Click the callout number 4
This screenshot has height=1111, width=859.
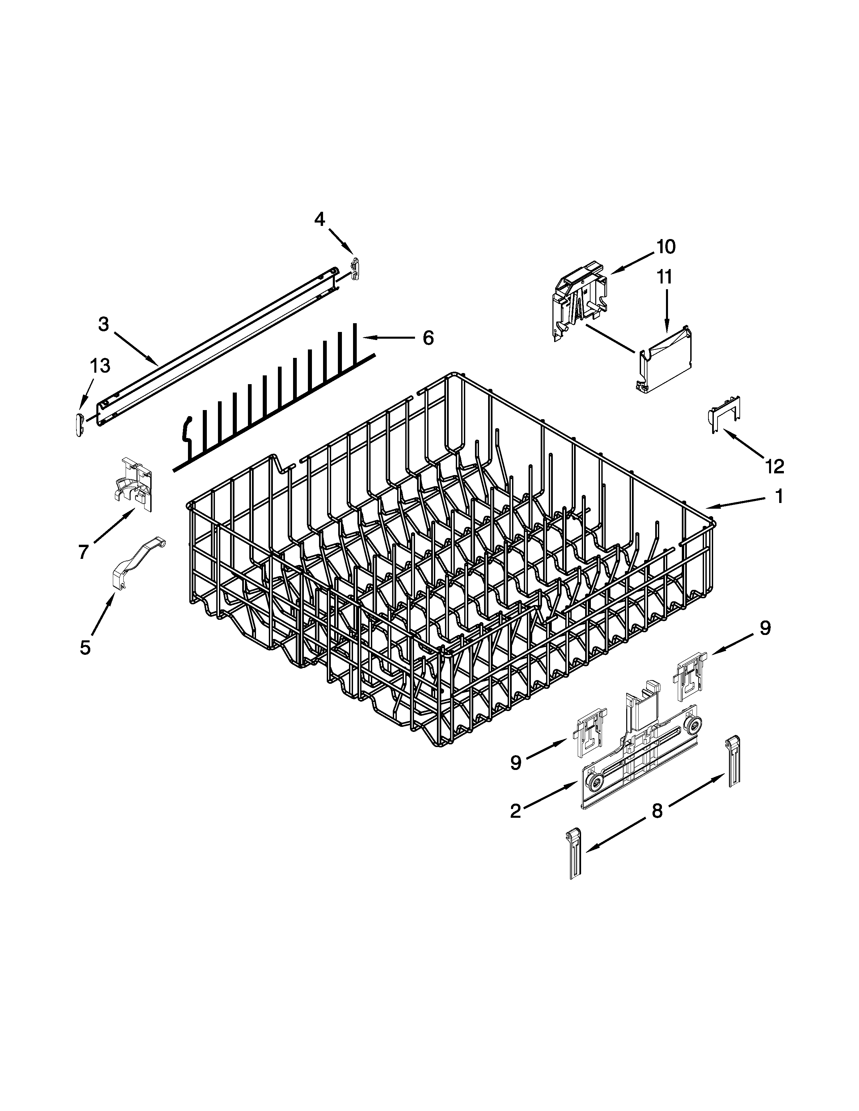[x=319, y=219]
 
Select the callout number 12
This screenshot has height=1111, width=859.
[x=774, y=466]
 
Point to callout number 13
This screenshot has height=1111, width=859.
[x=100, y=365]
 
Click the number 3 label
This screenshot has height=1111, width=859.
[x=103, y=324]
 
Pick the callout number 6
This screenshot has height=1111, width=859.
[x=428, y=338]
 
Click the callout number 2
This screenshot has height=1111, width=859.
[x=515, y=811]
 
